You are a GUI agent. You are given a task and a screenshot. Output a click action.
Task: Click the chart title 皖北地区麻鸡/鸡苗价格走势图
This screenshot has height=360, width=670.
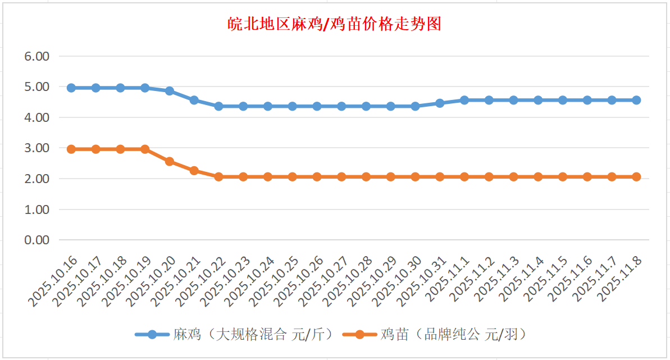[x=335, y=24]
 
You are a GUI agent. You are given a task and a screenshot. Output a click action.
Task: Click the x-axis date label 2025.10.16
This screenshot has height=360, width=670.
[x=54, y=280]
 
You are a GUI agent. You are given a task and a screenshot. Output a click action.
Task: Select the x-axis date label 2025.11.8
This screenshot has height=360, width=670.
[x=621, y=278]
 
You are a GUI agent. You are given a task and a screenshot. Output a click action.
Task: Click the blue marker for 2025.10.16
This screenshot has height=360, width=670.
[x=71, y=88]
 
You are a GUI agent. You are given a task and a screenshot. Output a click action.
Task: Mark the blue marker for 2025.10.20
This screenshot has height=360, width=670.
[x=170, y=91]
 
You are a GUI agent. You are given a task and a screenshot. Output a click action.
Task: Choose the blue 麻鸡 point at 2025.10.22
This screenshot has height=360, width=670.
[x=218, y=106]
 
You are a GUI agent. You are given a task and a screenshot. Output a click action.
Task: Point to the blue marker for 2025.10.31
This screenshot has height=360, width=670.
[x=440, y=103]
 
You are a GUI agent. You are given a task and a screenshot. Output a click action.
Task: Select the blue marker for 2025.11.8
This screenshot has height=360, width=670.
[x=636, y=100]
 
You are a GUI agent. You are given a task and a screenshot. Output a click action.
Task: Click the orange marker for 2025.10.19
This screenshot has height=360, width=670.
[x=145, y=149]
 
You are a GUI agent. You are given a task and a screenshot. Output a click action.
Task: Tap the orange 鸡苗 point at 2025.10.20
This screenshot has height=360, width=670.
[x=170, y=161]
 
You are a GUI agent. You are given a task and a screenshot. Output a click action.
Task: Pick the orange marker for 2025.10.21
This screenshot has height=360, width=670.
[x=194, y=171]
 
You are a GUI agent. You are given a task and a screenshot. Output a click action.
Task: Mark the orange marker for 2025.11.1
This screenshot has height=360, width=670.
[x=464, y=177]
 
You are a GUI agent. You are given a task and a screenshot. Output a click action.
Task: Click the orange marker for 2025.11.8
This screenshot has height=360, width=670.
[x=636, y=177]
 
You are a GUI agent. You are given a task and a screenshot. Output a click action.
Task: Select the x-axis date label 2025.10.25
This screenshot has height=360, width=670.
[x=276, y=280]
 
